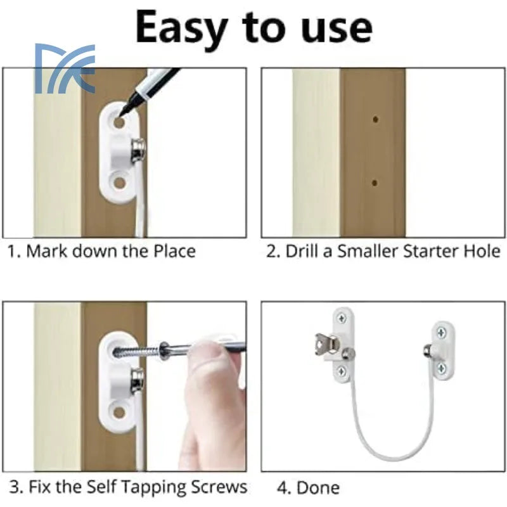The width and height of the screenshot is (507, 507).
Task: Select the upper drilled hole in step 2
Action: point(375,119)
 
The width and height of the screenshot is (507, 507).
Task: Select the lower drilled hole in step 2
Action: point(375,183)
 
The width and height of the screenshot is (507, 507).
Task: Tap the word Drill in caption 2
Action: point(302,251)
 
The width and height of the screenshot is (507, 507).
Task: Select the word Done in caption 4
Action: point(318,487)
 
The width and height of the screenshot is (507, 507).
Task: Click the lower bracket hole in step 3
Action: point(119,412)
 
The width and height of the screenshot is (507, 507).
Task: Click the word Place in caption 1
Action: point(174,251)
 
